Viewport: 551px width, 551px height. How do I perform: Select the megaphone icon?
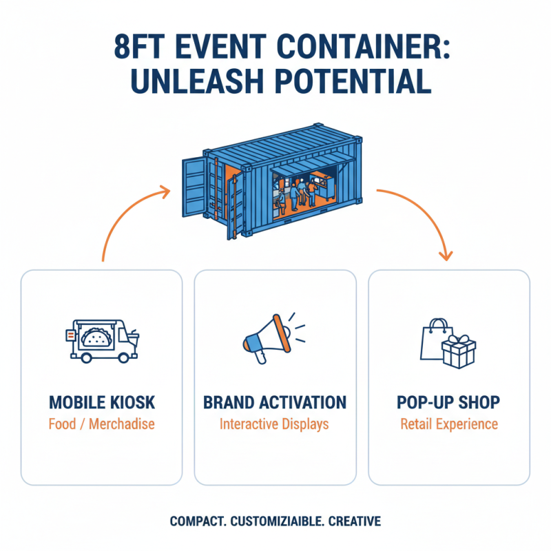tap(265, 337)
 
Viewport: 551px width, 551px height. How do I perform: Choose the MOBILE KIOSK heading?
tap(102, 402)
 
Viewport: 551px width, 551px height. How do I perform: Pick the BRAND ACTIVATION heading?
tap(275, 402)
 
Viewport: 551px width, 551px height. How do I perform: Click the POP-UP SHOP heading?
tap(448, 402)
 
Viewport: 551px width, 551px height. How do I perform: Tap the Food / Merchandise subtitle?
tap(102, 424)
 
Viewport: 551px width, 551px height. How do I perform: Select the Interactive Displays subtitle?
tap(275, 424)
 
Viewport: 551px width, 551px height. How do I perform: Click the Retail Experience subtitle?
tap(448, 424)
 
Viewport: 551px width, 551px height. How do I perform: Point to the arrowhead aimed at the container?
tap(165, 190)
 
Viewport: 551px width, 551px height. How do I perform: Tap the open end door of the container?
tap(194, 186)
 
